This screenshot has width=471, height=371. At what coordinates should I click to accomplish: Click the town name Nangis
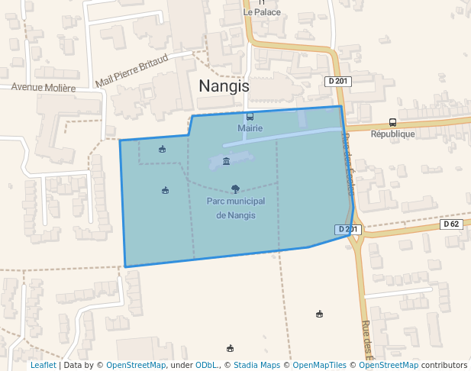(x=224, y=86)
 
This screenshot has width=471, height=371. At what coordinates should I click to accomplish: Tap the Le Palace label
(x=262, y=12)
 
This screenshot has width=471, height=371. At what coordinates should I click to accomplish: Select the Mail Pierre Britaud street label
(x=132, y=72)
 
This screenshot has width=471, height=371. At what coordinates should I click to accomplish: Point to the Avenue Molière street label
(x=44, y=88)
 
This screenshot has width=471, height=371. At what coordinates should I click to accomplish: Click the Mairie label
(x=250, y=128)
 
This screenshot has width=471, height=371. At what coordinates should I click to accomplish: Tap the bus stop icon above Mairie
(x=250, y=117)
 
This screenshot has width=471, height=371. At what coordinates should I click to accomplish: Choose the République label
(x=392, y=134)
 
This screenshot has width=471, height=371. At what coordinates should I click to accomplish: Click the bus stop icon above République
(x=392, y=122)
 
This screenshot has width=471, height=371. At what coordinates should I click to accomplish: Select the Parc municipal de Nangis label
(x=236, y=208)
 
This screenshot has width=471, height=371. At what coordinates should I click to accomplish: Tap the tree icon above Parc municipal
(x=235, y=189)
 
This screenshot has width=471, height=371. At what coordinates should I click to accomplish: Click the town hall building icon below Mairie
(x=226, y=161)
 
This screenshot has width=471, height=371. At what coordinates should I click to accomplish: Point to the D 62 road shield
(x=452, y=224)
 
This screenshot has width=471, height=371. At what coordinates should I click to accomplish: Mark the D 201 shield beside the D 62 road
(x=347, y=229)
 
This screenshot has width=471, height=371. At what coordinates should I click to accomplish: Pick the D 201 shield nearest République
(x=337, y=81)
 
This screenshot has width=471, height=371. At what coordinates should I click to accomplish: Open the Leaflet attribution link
(x=44, y=366)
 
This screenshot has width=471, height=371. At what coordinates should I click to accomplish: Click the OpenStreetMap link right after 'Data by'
(x=136, y=366)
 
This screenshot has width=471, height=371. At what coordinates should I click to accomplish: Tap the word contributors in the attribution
(x=444, y=366)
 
